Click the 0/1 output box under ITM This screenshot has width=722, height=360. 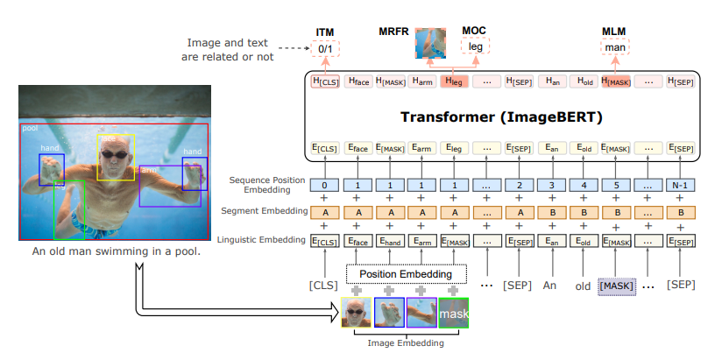(x=325, y=47)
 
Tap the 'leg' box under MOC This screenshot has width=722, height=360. (x=475, y=47)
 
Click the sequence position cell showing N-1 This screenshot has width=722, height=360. (x=680, y=186)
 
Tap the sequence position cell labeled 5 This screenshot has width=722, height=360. (x=616, y=186)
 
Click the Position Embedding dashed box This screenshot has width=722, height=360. (x=406, y=273)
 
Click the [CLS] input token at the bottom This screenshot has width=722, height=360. (x=324, y=286)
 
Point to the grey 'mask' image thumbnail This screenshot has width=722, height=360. (x=454, y=313)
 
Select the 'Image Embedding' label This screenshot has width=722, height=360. (x=406, y=344)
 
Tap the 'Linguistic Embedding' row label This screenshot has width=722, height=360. (x=264, y=239)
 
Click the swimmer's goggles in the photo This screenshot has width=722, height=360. (x=115, y=155)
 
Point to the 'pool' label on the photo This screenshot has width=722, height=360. (x=30, y=128)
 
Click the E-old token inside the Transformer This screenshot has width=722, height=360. (x=584, y=148)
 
